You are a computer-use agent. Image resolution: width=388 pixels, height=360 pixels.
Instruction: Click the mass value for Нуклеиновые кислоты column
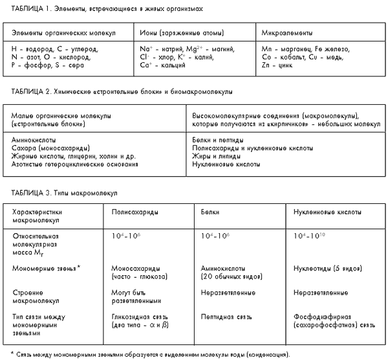tap(307, 236)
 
